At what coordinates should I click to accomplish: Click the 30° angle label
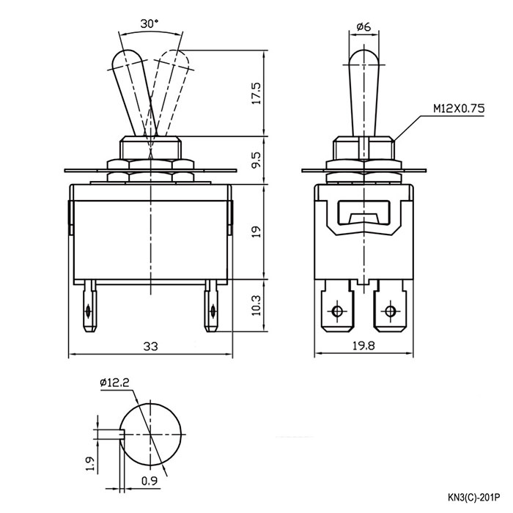pos(150,23)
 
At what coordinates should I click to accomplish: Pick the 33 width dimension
pos(150,345)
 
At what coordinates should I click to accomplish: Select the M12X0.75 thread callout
pos(458,108)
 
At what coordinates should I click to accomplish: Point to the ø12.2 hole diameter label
pos(113,383)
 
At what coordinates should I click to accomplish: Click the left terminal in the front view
pos(89,308)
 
